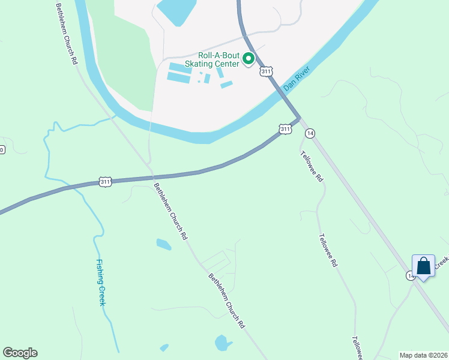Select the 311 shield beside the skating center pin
coord(266,71)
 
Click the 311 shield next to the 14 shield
coord(285,129)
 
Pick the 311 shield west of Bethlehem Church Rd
coord(106,181)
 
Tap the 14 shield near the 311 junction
coord(310,133)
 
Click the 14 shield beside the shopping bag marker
coord(410,275)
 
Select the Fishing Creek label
coord(101,282)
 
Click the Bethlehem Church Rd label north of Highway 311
coord(66,34)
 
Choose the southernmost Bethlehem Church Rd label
coord(226,301)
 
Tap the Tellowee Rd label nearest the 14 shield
coord(312,166)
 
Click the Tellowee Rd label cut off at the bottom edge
coord(357,348)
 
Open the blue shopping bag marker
coord(423,265)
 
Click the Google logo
coord(20,353)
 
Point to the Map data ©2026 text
coord(423,355)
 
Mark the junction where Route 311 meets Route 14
coord(298,118)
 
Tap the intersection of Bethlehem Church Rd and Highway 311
coord(152,177)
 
